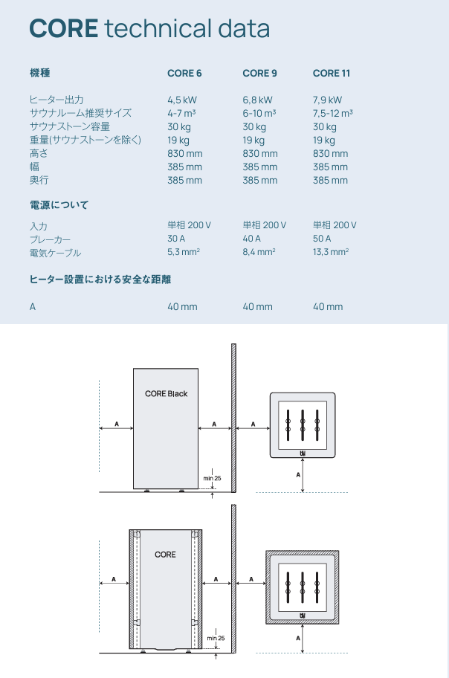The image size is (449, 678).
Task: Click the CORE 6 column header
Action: tap(184, 73)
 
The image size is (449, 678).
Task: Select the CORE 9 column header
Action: tap(259, 73)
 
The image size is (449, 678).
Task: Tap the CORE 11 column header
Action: tap(331, 73)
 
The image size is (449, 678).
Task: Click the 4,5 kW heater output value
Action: tap(182, 100)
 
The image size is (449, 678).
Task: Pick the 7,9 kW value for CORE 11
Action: tap(327, 100)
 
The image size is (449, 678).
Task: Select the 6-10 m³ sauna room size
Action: tap(259, 113)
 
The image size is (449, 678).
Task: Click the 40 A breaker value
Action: tap(251, 239)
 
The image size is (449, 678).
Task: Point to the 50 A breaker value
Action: tap(322, 239)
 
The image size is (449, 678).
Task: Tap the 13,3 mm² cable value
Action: tap(331, 253)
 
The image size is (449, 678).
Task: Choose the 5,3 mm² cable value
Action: tap(184, 253)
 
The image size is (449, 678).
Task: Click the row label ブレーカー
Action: tap(50, 239)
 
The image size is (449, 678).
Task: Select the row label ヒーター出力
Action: tap(56, 100)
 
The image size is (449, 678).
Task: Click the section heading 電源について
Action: tap(59, 204)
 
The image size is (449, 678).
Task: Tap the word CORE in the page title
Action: tap(63, 29)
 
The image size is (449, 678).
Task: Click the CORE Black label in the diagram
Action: tap(167, 394)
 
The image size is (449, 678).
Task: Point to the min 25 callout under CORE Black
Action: tap(213, 478)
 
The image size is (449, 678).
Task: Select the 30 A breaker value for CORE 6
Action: tap(177, 239)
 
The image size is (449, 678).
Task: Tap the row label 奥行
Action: tap(39, 181)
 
